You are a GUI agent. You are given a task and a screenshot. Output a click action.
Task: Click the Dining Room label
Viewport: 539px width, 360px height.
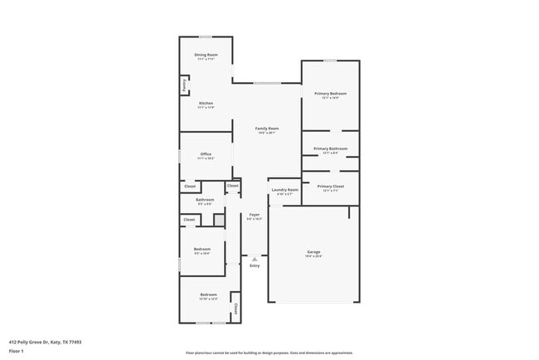[x=206, y=55]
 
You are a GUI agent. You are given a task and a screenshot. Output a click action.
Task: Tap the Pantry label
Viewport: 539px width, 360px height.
[x=184, y=85]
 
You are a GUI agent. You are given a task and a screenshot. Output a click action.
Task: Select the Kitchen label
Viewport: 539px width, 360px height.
[x=206, y=104]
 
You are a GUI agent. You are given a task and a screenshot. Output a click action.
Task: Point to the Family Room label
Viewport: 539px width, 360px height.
[x=266, y=129]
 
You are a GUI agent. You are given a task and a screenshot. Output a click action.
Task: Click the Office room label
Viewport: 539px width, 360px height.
[x=206, y=154]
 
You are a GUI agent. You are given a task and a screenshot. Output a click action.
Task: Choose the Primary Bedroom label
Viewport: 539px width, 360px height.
[x=330, y=94]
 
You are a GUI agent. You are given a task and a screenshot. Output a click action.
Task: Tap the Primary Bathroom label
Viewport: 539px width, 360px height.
[x=330, y=149]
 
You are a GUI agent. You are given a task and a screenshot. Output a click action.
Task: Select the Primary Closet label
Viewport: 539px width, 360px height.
[x=330, y=187]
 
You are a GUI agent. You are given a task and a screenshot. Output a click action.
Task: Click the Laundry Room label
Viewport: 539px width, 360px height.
[x=284, y=190]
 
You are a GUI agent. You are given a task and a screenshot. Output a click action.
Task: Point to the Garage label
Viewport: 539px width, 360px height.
[x=313, y=252]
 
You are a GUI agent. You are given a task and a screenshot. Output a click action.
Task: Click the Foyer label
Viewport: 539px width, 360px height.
[x=255, y=215]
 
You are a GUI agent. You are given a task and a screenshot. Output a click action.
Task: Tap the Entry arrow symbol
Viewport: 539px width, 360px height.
[x=255, y=259]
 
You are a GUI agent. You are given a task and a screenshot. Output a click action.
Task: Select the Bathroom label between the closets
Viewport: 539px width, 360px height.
[x=205, y=200]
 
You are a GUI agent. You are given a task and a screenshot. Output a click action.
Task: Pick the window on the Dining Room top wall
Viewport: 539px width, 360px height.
[x=205, y=36]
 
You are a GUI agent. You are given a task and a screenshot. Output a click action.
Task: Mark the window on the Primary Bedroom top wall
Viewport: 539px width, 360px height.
[x=330, y=60]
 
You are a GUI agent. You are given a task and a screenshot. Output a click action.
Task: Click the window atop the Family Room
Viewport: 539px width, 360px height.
[x=266, y=82]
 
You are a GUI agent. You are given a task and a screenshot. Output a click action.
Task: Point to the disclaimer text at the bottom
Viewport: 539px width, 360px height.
[x=269, y=353]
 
